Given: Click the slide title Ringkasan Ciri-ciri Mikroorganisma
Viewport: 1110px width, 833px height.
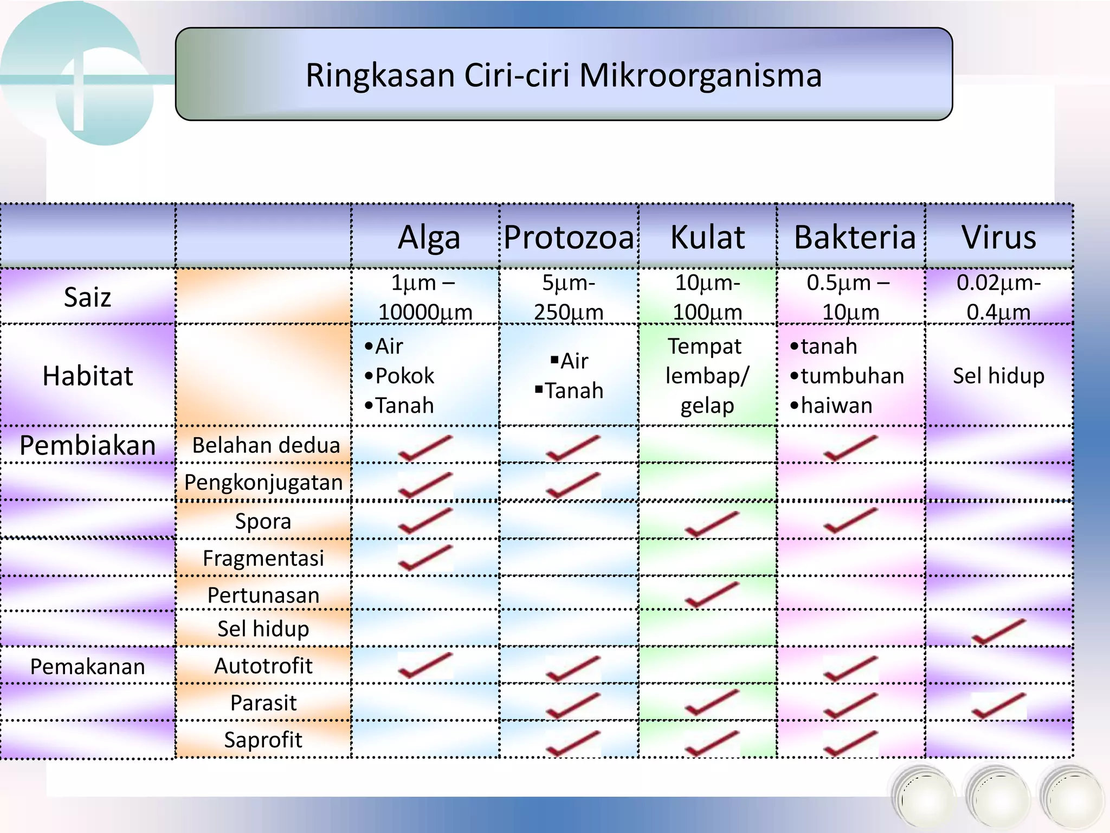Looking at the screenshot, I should [x=564, y=75].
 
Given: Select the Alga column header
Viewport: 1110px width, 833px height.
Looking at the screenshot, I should [x=429, y=238].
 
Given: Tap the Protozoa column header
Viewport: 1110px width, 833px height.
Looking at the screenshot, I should [x=569, y=238].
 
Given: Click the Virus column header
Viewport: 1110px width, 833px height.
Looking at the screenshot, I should [x=999, y=238].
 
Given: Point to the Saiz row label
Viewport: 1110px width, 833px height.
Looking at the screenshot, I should [x=87, y=297].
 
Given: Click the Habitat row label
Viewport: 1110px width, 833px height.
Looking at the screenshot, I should [x=87, y=376].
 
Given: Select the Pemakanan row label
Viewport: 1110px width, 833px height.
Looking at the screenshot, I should [x=87, y=666].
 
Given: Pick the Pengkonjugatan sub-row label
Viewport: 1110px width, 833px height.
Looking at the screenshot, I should [x=263, y=482].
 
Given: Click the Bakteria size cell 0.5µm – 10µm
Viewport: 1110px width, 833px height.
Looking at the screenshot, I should [x=849, y=297].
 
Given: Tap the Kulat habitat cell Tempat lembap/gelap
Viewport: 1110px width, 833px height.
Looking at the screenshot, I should [x=707, y=376].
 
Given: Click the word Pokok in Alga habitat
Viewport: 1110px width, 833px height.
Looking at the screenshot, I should [x=404, y=376].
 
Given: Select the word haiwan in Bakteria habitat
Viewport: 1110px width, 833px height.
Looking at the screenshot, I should [x=836, y=406].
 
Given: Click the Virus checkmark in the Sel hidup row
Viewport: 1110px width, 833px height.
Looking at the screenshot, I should [x=998, y=632].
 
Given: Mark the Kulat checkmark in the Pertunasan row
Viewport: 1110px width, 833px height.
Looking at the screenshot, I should [x=711, y=594].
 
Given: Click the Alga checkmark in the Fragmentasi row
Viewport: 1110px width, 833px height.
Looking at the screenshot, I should [x=424, y=558].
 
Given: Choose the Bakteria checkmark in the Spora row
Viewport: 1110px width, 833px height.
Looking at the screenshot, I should [x=849, y=521].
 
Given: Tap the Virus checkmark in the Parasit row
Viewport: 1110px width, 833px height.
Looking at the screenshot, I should [x=998, y=706].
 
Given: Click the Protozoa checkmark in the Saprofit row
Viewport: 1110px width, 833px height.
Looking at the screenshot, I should [x=572, y=743].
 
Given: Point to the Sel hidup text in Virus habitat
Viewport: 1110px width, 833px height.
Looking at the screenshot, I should [x=998, y=376].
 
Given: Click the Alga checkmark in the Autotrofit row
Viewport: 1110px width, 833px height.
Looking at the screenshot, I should [x=424, y=665].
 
